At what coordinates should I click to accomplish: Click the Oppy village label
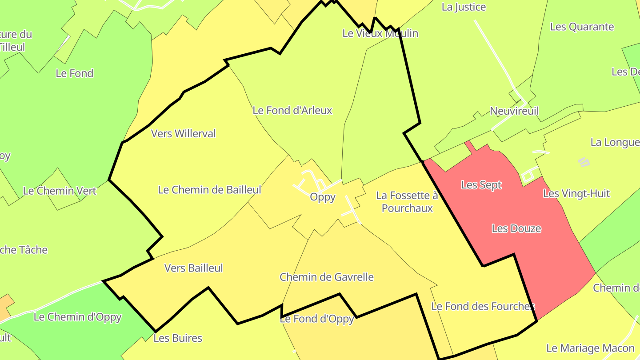tap(323, 197)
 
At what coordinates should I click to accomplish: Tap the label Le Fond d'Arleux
tap(292, 110)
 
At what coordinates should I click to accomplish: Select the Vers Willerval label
tap(183, 133)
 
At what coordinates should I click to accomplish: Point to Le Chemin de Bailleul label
tap(209, 190)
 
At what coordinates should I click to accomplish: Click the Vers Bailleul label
tap(193, 268)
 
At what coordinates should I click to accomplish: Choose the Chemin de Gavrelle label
tap(327, 277)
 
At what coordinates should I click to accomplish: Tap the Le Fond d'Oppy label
tap(317, 319)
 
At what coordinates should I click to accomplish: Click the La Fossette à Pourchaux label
tap(407, 202)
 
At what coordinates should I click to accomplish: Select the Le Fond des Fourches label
tap(483, 306)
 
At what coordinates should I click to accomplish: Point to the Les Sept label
tap(481, 184)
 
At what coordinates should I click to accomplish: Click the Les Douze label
tap(516, 228)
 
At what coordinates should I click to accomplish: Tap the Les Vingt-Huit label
tap(576, 194)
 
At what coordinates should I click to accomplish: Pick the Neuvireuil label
tap(514, 111)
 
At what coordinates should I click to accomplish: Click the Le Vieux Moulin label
tap(380, 33)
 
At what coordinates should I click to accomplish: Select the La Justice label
tap(464, 7)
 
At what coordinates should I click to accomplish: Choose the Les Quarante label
tap(582, 27)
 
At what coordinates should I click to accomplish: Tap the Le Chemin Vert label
tap(60, 191)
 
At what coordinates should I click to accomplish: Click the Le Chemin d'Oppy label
tap(77, 317)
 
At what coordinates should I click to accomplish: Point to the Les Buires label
tap(178, 338)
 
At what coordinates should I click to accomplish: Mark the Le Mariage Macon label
tap(590, 348)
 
